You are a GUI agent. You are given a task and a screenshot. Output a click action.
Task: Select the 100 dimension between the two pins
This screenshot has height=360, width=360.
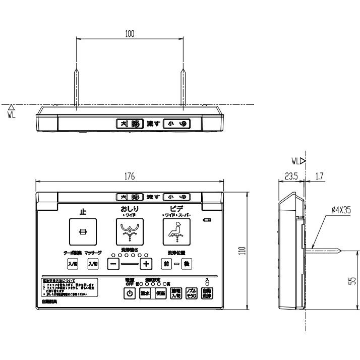click(129, 33)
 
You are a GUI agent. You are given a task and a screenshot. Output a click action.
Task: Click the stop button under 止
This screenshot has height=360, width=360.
click(83, 231)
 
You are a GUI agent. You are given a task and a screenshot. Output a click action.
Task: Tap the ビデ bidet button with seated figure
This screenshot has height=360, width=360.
click(175, 231)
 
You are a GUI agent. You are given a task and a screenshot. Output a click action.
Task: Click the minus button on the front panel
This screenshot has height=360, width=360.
click(114, 264)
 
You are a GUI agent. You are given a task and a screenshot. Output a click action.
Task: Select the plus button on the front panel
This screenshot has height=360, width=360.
click(146, 264)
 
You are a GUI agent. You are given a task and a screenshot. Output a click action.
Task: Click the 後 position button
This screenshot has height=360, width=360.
click(186, 264)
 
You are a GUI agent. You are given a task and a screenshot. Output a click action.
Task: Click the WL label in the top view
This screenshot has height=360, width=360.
click(12, 113)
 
